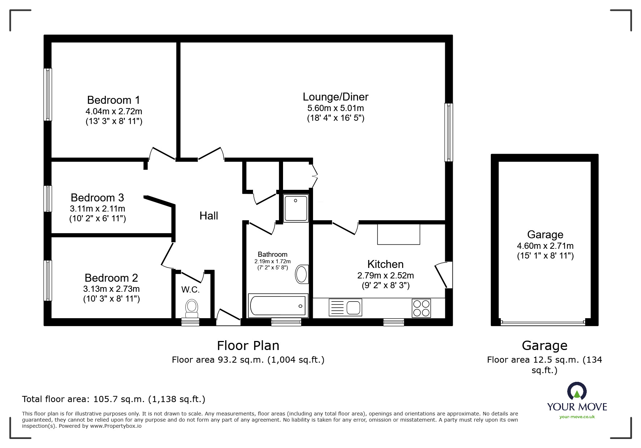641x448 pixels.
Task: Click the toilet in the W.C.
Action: tap(191, 308)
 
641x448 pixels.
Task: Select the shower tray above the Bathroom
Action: tap(296, 208)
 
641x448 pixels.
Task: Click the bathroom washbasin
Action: tap(302, 274)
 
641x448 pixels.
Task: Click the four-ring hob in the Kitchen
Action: tap(421, 308)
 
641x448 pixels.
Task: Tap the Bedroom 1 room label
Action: tap(114, 100)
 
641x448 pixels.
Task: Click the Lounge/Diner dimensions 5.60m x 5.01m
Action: tap(336, 108)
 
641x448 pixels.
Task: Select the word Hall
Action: tap(209, 216)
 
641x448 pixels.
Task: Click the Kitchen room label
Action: tap(385, 264)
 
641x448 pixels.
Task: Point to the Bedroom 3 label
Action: tap(97, 197)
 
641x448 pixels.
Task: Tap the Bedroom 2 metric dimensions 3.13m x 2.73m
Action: tap(111, 289)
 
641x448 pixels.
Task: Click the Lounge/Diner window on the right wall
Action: tap(449, 132)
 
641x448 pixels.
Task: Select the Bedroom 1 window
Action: tap(48, 94)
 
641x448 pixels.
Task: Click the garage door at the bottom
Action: tap(543, 321)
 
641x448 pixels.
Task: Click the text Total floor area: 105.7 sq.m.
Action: tap(84, 399)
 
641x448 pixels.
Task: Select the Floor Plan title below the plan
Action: tap(248, 346)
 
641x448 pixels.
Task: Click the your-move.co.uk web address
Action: tap(577, 417)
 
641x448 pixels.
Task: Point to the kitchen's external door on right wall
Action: tap(444, 275)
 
